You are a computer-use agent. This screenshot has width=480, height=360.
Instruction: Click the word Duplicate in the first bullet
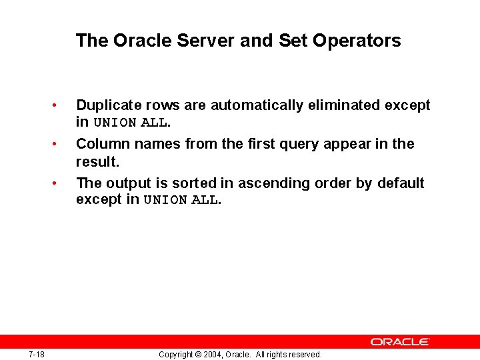click(107, 105)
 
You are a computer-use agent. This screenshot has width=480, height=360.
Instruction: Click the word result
click(97, 161)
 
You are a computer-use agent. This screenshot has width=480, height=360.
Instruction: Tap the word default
click(399, 183)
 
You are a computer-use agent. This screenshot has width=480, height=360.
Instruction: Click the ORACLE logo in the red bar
click(400, 341)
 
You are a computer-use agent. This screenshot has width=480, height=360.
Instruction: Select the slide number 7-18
click(37, 354)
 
